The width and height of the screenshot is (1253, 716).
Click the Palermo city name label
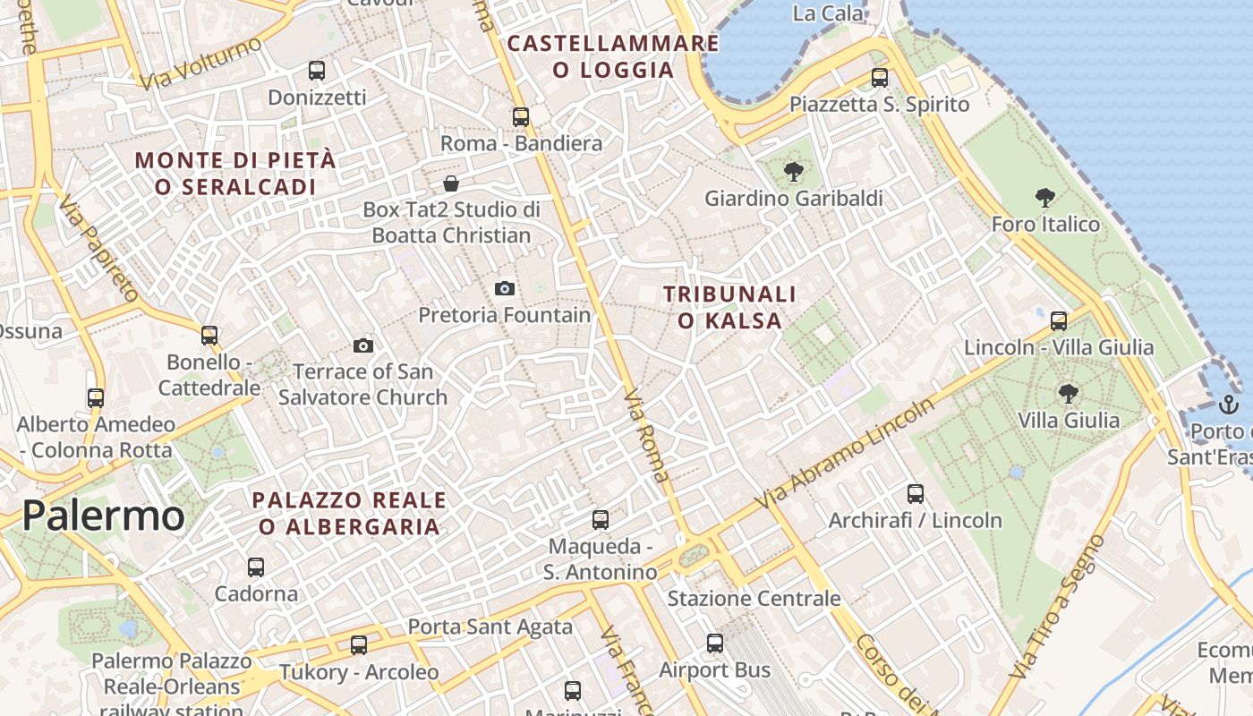tap(103, 516)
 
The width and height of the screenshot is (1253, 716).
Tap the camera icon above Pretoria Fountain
tap(505, 288)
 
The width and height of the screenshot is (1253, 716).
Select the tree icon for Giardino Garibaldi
tap(793, 171)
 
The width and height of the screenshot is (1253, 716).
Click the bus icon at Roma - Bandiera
tap(521, 116)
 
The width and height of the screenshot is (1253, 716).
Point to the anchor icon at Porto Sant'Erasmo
tap(1229, 404)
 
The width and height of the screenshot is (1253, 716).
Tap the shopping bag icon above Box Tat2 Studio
tap(452, 183)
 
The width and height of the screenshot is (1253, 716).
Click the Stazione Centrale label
tap(754, 598)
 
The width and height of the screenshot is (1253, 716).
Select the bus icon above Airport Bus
tap(714, 643)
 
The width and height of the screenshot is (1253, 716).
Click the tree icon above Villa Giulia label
tap(1068, 393)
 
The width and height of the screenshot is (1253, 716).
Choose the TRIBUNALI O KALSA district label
tap(729, 307)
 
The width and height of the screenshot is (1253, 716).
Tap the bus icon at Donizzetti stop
tap(317, 70)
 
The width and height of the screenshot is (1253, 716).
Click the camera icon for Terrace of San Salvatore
tap(363, 345)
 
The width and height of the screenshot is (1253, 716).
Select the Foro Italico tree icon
tap(1044, 198)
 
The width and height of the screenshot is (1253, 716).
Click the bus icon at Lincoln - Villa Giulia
tap(1059, 320)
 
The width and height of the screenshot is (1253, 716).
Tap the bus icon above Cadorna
tap(256, 567)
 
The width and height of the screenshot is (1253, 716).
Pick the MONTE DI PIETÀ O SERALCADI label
tap(235, 174)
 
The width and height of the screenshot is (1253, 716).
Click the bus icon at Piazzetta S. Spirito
tap(880, 78)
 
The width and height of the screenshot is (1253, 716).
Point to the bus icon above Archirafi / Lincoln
tap(915, 493)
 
